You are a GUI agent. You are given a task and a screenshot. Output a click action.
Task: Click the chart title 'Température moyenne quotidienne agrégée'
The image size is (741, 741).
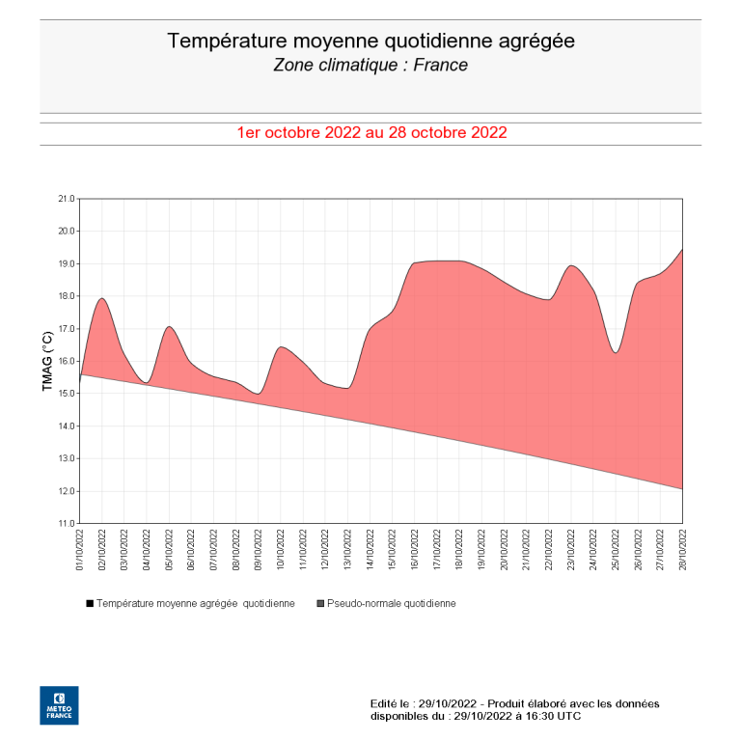[x=370, y=41]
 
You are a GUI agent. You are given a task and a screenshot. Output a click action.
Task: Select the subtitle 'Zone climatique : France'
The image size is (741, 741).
[x=370, y=66]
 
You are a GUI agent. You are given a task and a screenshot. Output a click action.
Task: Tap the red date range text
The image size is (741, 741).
[x=371, y=133]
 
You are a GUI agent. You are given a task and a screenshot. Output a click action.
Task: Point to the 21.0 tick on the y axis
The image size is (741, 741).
[x=66, y=199]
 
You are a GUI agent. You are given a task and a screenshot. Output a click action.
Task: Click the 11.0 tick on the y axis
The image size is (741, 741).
[x=66, y=524]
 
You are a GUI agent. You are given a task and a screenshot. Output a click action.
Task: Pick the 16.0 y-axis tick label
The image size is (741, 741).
[x=66, y=361]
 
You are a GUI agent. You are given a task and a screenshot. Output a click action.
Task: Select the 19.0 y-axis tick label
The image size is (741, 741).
[x=66, y=263]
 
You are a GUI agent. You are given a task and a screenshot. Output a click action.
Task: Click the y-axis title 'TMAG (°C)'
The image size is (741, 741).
[x=48, y=361]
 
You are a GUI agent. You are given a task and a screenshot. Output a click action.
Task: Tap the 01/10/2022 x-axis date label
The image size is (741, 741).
[x=80, y=551]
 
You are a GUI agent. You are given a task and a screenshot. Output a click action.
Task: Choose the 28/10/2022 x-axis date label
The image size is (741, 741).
[x=683, y=551]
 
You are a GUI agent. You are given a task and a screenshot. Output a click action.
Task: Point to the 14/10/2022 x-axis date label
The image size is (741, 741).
[x=370, y=551]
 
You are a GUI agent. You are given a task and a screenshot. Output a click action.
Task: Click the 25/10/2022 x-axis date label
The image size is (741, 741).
[x=617, y=551]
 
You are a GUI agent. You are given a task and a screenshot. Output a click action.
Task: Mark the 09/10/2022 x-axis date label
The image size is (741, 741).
[x=259, y=551]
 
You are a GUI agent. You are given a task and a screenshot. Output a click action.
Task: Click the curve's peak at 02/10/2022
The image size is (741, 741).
[x=101, y=298]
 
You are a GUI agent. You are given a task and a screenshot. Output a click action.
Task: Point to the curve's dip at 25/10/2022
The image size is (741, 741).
[x=616, y=353]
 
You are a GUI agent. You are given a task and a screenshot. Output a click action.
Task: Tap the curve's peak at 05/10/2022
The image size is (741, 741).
[x=169, y=327]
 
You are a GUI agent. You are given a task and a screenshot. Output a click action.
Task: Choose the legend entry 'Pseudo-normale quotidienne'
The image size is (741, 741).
[x=386, y=603]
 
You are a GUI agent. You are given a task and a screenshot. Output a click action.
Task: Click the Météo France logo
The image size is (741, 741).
[x=59, y=705]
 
